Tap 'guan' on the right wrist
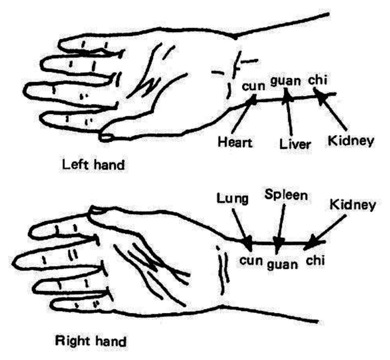click(x=283, y=264)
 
